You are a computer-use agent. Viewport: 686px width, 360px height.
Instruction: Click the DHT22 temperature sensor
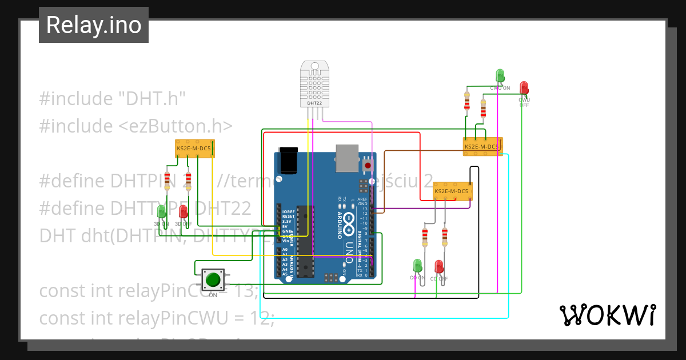[x=314, y=84]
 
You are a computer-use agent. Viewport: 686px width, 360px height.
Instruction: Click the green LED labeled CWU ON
[x=500, y=76]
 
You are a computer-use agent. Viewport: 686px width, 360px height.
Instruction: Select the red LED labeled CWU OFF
[x=524, y=88]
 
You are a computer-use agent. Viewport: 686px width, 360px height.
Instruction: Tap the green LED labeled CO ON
[x=417, y=266]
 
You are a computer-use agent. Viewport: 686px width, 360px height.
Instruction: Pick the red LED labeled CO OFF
[x=439, y=267]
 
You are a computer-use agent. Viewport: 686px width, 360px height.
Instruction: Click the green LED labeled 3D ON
[x=162, y=212]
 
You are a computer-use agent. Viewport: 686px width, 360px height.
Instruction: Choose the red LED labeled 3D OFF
[x=184, y=213]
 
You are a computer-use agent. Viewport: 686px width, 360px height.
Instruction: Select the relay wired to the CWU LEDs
[x=482, y=146]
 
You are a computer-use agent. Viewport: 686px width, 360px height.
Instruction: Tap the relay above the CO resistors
[x=452, y=190]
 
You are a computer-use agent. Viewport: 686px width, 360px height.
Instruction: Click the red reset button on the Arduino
[x=368, y=165]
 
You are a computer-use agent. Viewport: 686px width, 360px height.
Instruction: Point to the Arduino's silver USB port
[x=347, y=158]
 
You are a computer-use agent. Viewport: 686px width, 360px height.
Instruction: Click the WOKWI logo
[x=607, y=315]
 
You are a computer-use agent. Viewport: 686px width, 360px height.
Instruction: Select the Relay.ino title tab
[x=94, y=25]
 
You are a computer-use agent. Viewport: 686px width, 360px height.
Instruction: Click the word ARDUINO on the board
[x=339, y=225]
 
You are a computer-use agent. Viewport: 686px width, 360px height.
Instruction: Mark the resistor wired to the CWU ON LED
[x=467, y=102]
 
